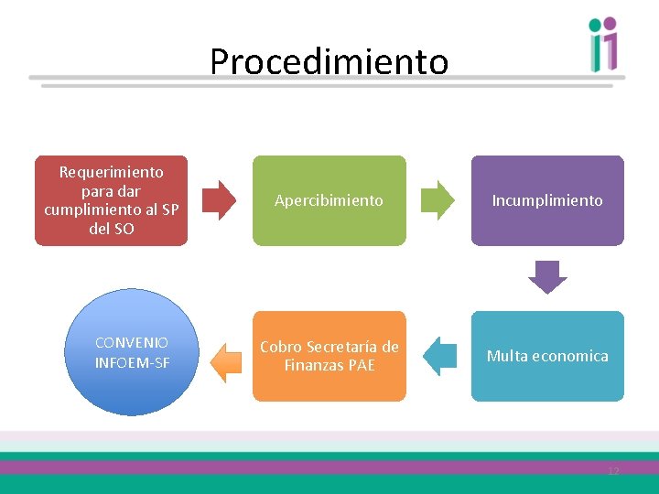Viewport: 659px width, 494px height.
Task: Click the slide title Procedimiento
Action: [x=329, y=62]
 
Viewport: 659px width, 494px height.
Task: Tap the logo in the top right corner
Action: [x=604, y=44]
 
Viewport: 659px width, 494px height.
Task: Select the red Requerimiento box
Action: [x=111, y=200]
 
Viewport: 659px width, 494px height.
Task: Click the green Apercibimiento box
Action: [x=329, y=200]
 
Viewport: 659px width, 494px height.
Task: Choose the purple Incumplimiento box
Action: [x=547, y=200]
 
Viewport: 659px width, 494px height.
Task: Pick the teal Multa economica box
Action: [x=547, y=356]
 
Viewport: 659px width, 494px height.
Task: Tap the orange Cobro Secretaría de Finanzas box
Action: [x=329, y=356]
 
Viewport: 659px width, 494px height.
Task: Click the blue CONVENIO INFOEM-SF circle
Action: [x=132, y=352]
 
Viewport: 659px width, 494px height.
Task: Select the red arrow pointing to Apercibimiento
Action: [x=219, y=200]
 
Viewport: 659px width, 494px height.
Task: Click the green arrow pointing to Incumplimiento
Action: [x=438, y=200]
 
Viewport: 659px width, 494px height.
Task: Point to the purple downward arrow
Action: [x=547, y=277]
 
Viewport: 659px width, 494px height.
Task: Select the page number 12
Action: [x=613, y=471]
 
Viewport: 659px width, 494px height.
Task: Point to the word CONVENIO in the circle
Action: [x=132, y=342]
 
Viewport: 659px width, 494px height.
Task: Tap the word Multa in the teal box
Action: [x=506, y=356]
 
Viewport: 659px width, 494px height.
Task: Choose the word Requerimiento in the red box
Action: [x=111, y=172]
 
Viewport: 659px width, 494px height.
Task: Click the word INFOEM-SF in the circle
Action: [x=132, y=362]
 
